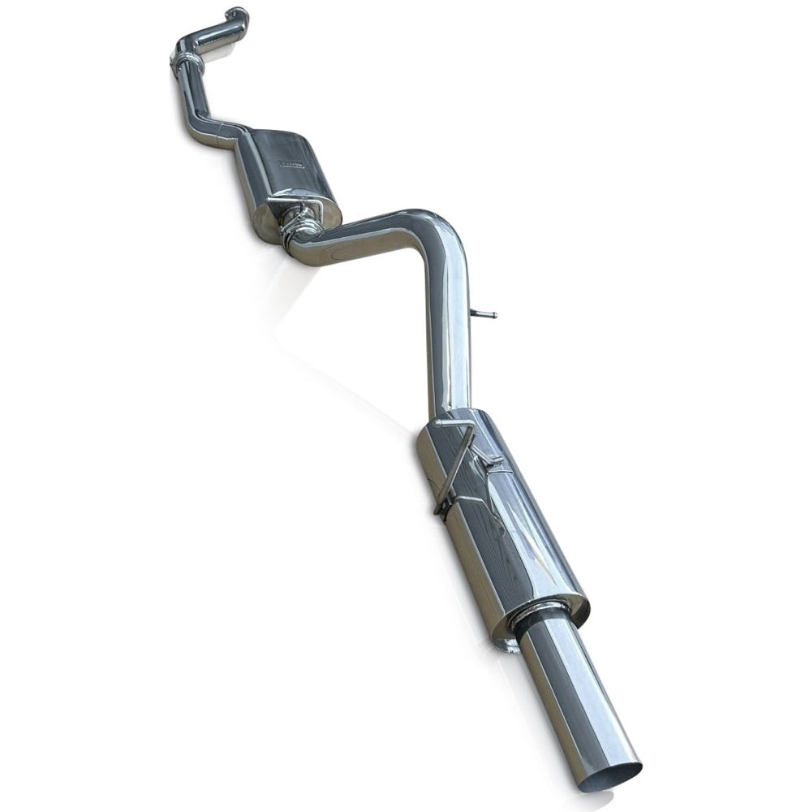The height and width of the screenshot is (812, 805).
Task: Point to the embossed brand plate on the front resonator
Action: click(x=291, y=163)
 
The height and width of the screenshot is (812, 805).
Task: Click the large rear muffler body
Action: click(x=503, y=528)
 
